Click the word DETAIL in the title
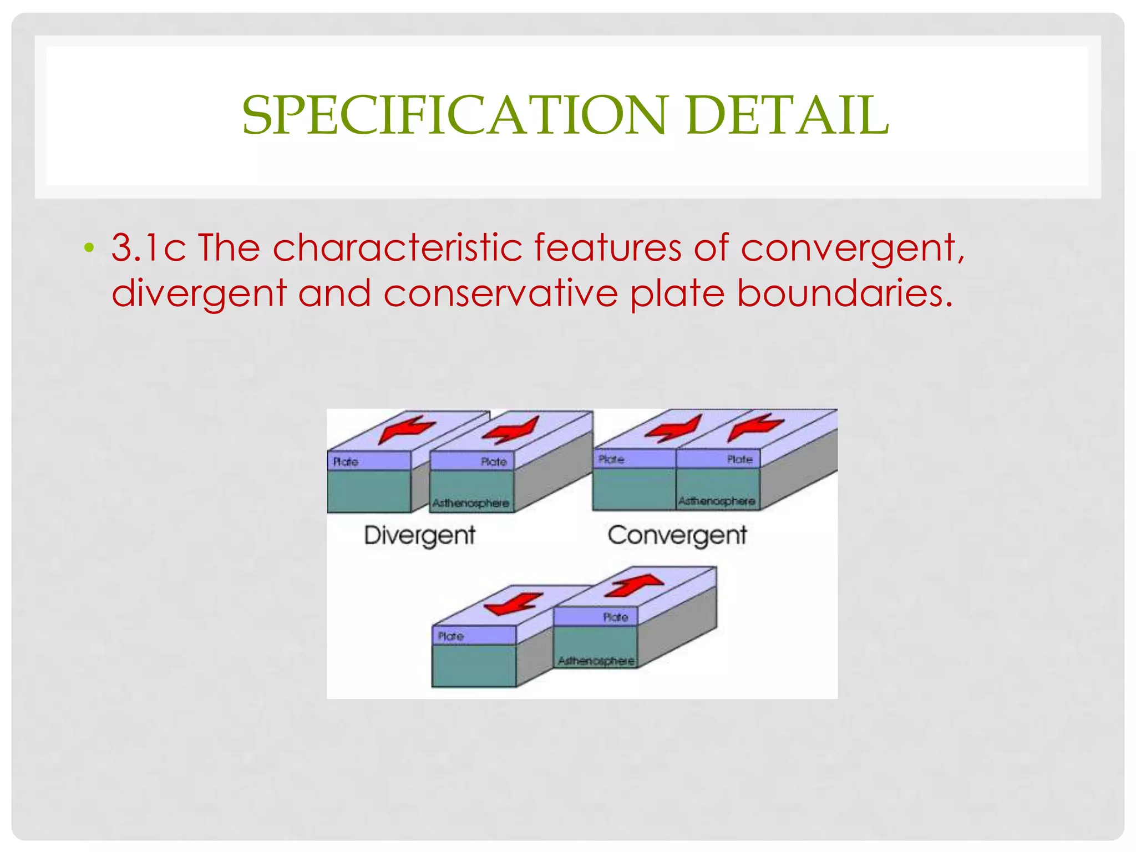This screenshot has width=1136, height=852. (x=788, y=115)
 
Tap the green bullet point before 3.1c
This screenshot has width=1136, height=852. (x=89, y=247)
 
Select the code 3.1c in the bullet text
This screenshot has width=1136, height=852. (x=148, y=247)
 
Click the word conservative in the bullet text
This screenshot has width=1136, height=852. (x=500, y=293)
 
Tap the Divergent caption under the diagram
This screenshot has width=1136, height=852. (x=419, y=536)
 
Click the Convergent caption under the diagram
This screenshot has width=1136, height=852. (x=677, y=536)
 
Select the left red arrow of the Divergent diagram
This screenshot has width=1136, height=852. (x=406, y=429)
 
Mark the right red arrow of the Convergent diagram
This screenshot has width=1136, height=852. (x=755, y=427)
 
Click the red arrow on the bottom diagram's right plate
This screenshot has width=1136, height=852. (x=634, y=585)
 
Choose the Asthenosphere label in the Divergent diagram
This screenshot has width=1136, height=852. (x=470, y=503)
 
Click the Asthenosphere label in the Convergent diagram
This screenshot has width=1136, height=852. (x=717, y=501)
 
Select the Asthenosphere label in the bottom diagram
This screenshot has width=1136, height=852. (x=596, y=661)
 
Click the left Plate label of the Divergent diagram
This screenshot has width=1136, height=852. (x=346, y=461)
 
